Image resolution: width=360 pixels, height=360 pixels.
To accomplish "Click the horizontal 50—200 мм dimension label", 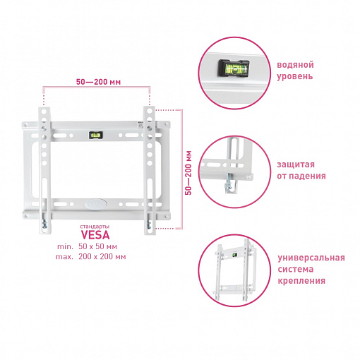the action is tap(98, 82).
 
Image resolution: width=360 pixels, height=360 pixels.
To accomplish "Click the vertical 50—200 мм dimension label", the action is tap(188, 173).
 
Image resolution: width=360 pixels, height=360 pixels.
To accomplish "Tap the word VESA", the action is tap(95, 235).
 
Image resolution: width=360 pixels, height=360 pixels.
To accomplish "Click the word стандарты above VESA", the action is tap(95, 227).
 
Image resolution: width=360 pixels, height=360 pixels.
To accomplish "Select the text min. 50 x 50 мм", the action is tap(87, 246).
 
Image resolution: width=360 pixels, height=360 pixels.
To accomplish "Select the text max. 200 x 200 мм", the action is tap(90, 256).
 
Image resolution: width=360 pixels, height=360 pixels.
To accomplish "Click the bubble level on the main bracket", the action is tap(95, 135).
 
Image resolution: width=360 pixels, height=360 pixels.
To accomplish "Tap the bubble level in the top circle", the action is tap(234, 68).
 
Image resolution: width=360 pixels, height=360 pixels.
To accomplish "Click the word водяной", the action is tap(295, 65).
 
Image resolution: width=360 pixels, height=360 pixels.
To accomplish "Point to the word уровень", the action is tap(295, 77).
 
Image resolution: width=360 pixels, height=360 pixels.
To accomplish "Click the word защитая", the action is tap(296, 164).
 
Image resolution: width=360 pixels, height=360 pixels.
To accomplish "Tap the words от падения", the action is tap(301, 176).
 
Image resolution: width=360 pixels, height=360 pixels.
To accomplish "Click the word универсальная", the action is tap(311, 258).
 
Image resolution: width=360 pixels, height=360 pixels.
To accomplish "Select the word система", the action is tap(296, 269).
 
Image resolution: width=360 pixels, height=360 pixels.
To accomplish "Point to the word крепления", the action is tap(301, 281).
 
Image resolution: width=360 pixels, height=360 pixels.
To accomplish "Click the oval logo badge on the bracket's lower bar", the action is tap(96, 203).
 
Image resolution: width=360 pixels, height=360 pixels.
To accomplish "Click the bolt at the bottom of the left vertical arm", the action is tap(44, 224).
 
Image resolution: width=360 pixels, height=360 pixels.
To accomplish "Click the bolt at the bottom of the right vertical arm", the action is tap(149, 225).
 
